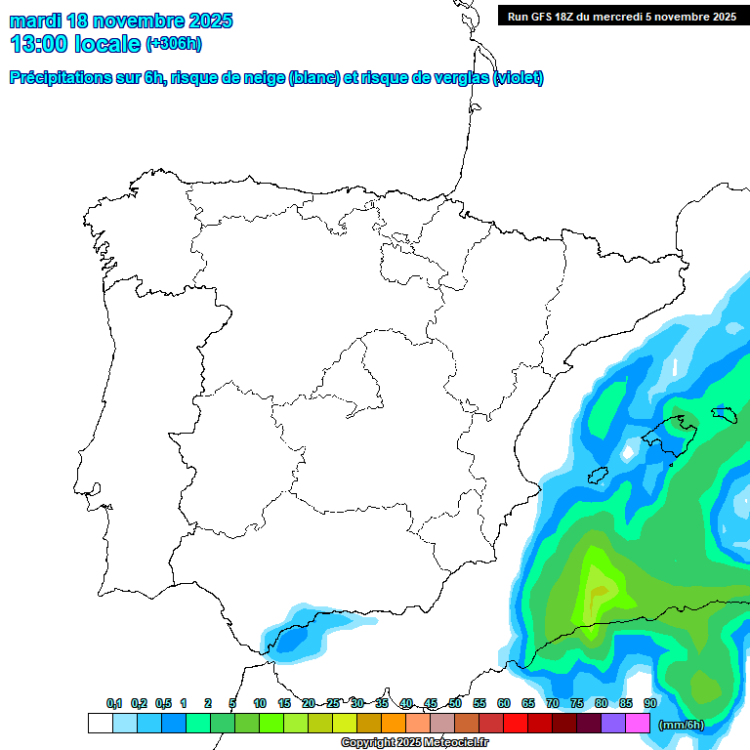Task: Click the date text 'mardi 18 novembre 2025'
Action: tap(121, 21)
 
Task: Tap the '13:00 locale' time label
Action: tap(75, 44)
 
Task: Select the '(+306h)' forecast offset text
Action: tap(175, 44)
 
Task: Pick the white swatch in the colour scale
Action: tap(100, 724)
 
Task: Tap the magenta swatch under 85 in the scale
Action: tap(637, 724)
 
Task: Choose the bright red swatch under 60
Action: tap(515, 724)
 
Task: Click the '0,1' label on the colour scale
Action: tap(114, 703)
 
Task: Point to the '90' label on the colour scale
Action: tap(649, 703)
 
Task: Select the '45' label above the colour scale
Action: tap(431, 703)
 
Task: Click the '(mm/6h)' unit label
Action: tap(681, 725)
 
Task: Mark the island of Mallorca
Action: tap(671, 431)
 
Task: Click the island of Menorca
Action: tap(724, 414)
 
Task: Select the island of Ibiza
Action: tap(598, 475)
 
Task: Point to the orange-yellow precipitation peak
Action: tap(598, 590)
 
